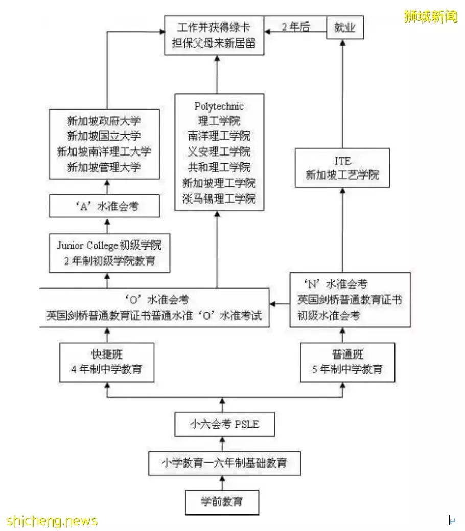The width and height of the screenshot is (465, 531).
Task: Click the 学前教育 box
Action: click(x=221, y=501)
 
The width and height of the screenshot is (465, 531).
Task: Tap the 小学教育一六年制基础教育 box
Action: click(x=224, y=463)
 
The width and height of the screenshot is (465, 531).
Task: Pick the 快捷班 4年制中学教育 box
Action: click(x=107, y=362)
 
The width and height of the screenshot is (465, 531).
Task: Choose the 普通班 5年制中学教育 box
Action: click(x=347, y=362)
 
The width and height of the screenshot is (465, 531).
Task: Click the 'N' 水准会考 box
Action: click(x=350, y=300)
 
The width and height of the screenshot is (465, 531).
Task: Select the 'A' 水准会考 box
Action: click(x=107, y=207)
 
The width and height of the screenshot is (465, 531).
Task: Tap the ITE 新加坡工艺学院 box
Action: click(x=342, y=168)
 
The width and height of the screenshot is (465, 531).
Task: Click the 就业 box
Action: click(x=344, y=27)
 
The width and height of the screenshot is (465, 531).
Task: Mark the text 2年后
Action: click(x=295, y=27)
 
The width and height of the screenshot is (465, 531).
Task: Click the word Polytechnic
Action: click(x=219, y=106)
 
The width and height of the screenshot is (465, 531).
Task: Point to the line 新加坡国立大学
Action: click(x=104, y=137)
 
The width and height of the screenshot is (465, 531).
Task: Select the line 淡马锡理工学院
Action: click(x=219, y=198)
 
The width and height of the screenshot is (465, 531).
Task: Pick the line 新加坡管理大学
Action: click(x=104, y=167)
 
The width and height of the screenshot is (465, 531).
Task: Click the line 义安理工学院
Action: click(x=219, y=152)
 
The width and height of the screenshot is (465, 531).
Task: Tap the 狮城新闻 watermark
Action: click(x=430, y=17)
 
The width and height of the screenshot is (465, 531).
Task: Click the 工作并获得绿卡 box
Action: click(x=217, y=35)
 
